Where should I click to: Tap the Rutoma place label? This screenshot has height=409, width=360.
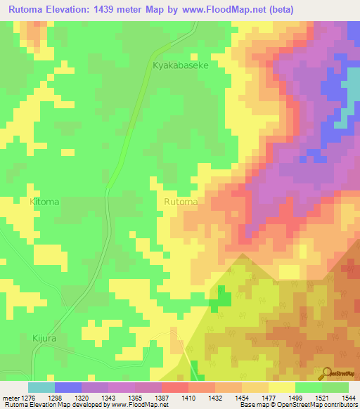click(x=180, y=202)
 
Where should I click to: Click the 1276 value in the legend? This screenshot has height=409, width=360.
click(x=20, y=397)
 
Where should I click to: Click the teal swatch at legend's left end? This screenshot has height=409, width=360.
click(x=41, y=387)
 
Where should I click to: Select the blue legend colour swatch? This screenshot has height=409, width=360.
click(x=67, y=387)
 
